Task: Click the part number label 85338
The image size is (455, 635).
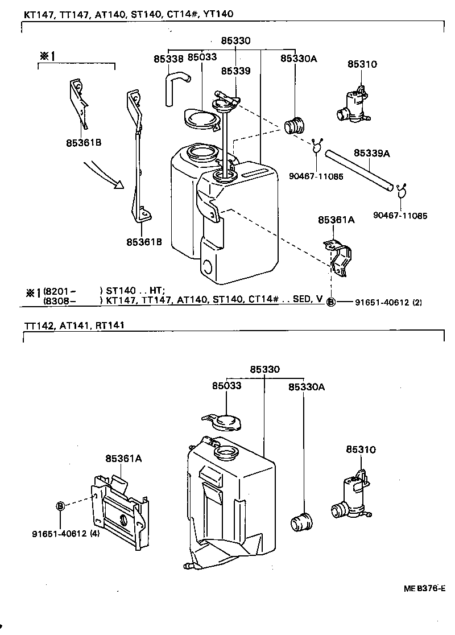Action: click(168, 58)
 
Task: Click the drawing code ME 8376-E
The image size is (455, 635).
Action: click(423, 589)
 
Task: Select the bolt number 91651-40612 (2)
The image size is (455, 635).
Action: click(386, 302)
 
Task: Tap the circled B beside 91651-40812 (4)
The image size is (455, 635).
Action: click(60, 505)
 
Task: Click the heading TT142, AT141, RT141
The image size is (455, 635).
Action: click(74, 325)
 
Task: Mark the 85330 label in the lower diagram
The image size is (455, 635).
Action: click(264, 369)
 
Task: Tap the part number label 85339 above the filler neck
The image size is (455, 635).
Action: click(235, 71)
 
